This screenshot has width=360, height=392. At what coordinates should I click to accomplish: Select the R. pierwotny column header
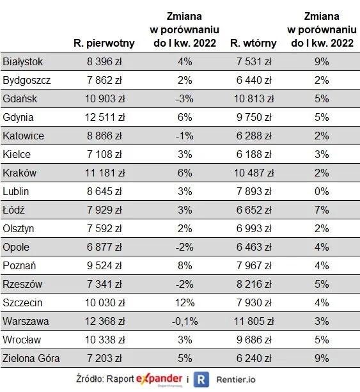pyautogui.click(x=104, y=43)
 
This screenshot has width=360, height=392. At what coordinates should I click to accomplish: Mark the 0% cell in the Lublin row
pyautogui.click(x=322, y=191)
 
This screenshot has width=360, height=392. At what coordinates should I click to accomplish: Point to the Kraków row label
pyautogui.click(x=20, y=173)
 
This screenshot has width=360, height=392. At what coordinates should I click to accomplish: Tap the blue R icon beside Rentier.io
pyautogui.click(x=201, y=379)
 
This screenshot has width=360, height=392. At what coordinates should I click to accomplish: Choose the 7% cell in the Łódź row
pyautogui.click(x=322, y=210)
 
